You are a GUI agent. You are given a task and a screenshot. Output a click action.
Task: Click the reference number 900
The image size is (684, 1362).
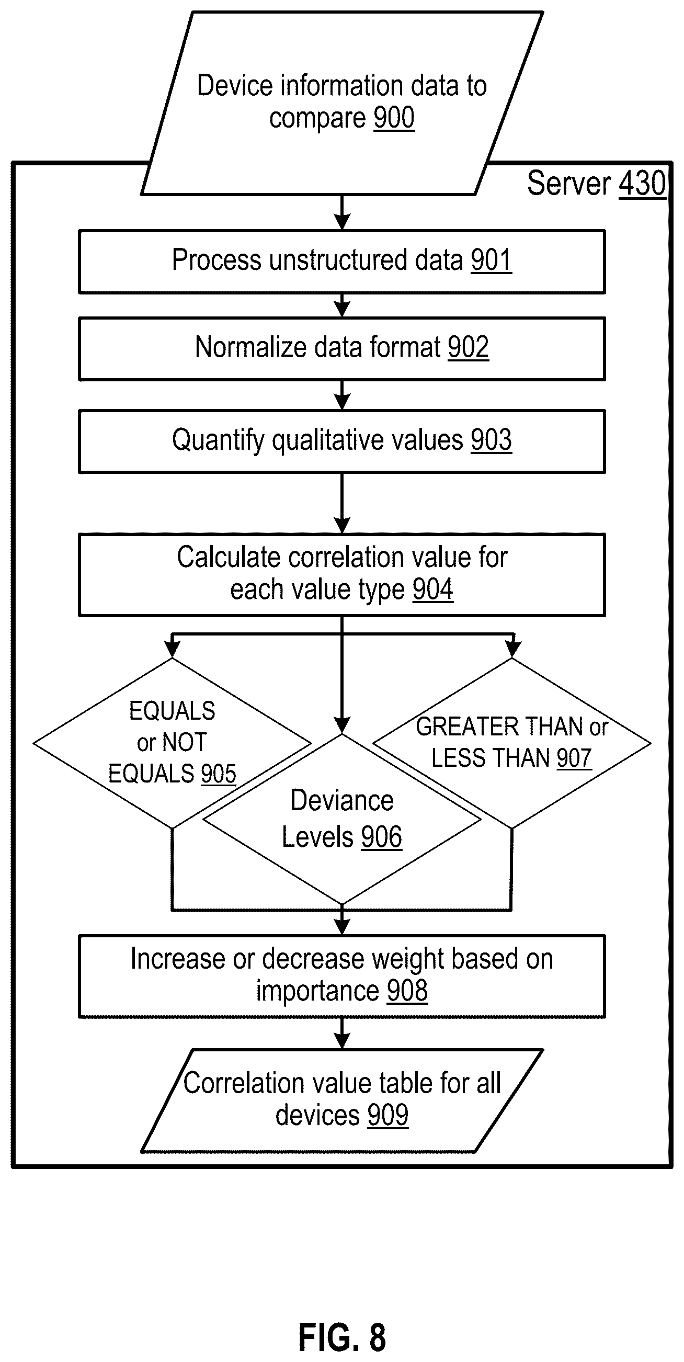click(x=394, y=117)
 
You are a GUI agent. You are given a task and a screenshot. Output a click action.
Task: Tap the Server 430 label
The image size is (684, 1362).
click(x=596, y=184)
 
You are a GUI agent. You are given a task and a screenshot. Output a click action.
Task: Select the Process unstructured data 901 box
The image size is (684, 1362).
click(x=342, y=261)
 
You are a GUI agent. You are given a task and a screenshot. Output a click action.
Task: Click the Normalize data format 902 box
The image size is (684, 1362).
click(x=342, y=348)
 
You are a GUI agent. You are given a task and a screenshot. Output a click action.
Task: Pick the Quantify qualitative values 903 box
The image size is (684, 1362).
click(x=342, y=441)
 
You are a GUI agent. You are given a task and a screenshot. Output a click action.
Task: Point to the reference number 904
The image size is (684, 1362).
click(x=433, y=589)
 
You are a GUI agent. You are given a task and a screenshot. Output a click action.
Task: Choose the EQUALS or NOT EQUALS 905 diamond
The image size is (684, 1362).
click(x=173, y=743)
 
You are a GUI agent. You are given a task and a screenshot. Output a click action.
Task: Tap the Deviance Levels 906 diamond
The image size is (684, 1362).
click(x=342, y=820)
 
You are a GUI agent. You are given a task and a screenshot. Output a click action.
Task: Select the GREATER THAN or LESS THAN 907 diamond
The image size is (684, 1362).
click(x=511, y=743)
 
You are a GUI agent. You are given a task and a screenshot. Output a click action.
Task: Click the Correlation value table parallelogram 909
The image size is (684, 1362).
click(x=342, y=1100)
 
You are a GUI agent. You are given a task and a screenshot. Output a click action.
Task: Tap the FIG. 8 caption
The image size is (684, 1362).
click(x=342, y=1336)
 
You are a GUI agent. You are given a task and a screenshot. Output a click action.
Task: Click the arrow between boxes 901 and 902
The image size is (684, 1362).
click(x=342, y=305)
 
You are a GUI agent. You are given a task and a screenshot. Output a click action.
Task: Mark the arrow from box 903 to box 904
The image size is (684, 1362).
click(x=342, y=503)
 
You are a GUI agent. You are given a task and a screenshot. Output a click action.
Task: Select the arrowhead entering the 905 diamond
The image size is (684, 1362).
click(x=173, y=649)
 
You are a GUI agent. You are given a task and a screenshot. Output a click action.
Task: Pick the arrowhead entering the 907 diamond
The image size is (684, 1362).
click(x=512, y=649)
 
